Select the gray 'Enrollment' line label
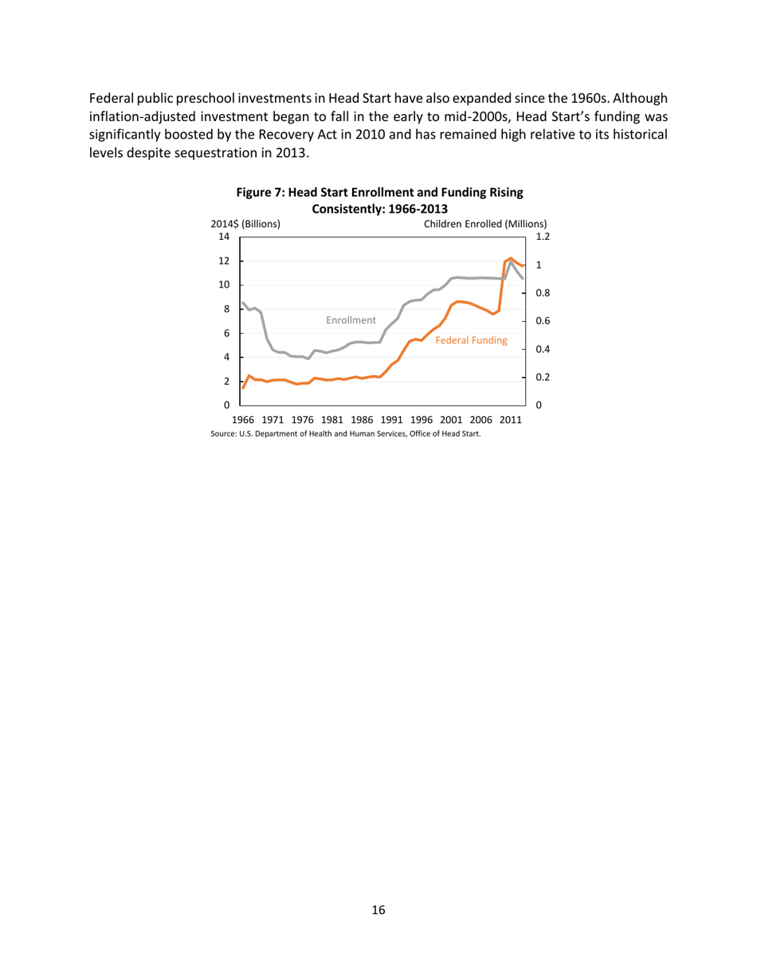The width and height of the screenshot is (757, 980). (351, 319)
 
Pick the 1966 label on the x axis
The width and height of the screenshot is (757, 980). (243, 420)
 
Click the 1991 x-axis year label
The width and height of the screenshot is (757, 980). (391, 420)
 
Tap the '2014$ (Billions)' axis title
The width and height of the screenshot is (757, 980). (245, 224)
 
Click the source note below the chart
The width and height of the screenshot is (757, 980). (346, 434)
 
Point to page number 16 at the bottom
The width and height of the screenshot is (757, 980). (378, 911)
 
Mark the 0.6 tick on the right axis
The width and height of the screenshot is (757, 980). (542, 321)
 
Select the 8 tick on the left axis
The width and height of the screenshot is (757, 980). (226, 309)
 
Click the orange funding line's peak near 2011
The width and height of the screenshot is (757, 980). (511, 258)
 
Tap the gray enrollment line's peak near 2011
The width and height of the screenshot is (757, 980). (511, 263)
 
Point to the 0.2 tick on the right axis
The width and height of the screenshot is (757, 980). (542, 377)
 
